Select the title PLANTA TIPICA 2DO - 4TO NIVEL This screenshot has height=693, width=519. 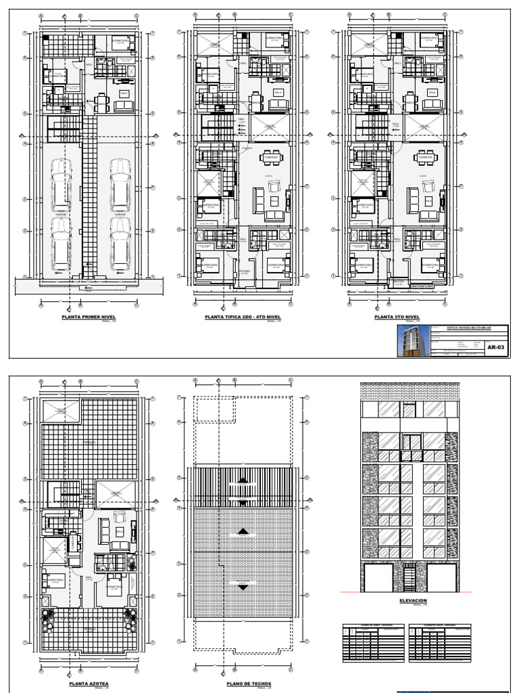(242, 317)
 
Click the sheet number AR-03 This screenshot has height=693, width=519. (496, 348)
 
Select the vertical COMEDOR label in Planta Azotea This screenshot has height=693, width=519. (72, 545)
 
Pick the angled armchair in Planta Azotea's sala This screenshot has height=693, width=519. (120, 518)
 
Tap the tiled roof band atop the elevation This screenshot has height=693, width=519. (411, 392)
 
